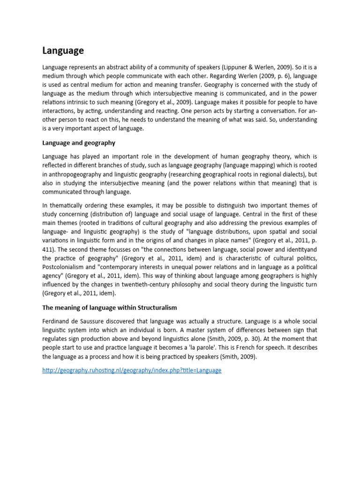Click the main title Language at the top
[x=63, y=50]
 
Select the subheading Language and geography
[x=79, y=142]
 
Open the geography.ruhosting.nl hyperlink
[x=132, y=370]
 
